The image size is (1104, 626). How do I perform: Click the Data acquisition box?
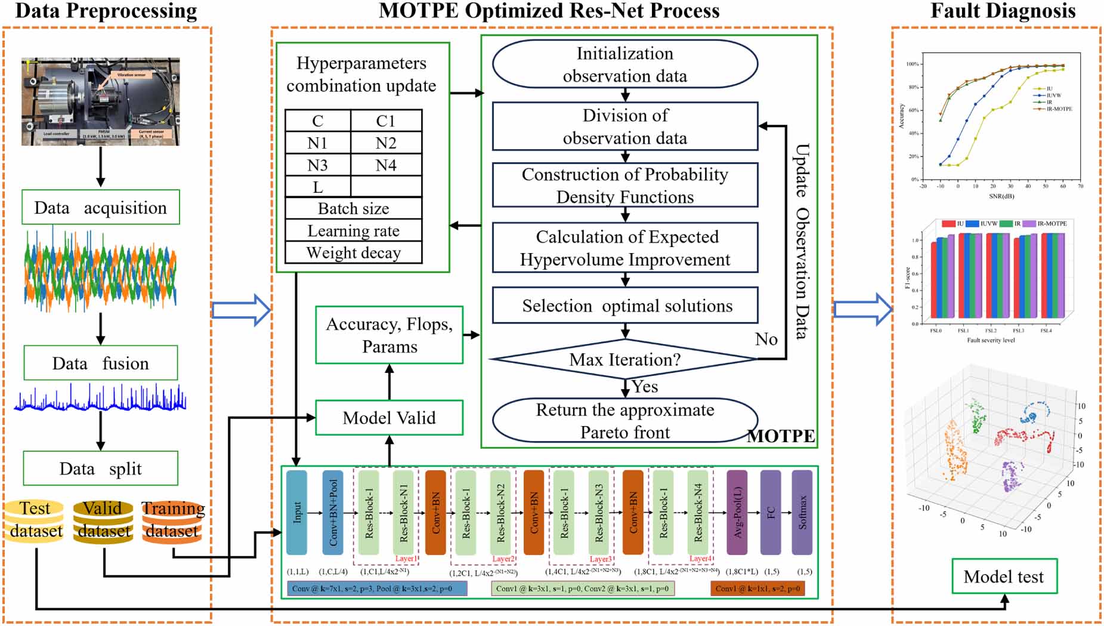point(100,207)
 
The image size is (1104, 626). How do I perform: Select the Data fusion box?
point(100,363)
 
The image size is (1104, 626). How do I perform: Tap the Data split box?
point(100,468)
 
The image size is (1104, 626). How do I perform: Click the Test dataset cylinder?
point(35,520)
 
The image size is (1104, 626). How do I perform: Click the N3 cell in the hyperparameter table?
point(317,165)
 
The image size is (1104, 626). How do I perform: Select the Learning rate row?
point(353,230)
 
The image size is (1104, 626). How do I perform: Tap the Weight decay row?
point(353,252)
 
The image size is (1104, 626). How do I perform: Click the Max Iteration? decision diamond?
point(624,359)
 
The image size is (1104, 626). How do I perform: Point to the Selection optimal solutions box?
point(625,306)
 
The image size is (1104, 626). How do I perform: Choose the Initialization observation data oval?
point(624,64)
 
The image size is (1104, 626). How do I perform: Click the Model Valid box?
point(389,418)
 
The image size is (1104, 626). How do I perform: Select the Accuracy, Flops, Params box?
point(389,335)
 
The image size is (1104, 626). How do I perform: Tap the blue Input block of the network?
point(297,512)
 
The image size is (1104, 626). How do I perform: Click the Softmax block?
point(802,512)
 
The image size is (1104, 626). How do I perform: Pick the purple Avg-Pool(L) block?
point(737,512)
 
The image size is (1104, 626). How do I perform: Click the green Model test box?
point(1004,576)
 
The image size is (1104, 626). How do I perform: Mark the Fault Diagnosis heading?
point(1003,11)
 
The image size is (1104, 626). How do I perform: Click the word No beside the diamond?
point(766,339)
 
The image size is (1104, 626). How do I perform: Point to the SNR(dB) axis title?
point(1001,196)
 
